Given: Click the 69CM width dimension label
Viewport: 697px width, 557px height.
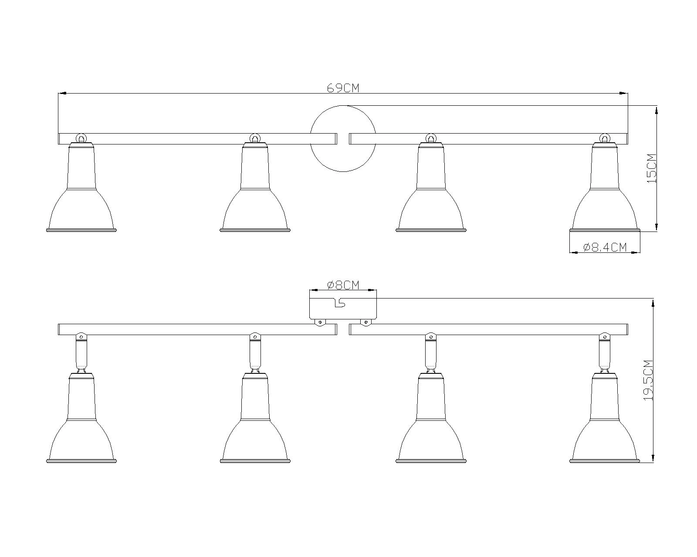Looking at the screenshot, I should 343,88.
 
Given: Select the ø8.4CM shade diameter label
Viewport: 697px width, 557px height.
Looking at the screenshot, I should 605,248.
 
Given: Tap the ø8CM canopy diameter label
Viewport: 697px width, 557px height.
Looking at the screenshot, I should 343,285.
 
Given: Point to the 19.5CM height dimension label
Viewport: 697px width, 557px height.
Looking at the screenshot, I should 649,380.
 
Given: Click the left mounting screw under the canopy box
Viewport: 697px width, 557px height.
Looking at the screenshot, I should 320,322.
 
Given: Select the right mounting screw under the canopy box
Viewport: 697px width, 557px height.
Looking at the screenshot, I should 365,322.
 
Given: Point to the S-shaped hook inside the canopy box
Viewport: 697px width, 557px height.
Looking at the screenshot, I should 340,303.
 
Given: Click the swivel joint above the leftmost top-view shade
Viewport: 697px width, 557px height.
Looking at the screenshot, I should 81,138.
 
